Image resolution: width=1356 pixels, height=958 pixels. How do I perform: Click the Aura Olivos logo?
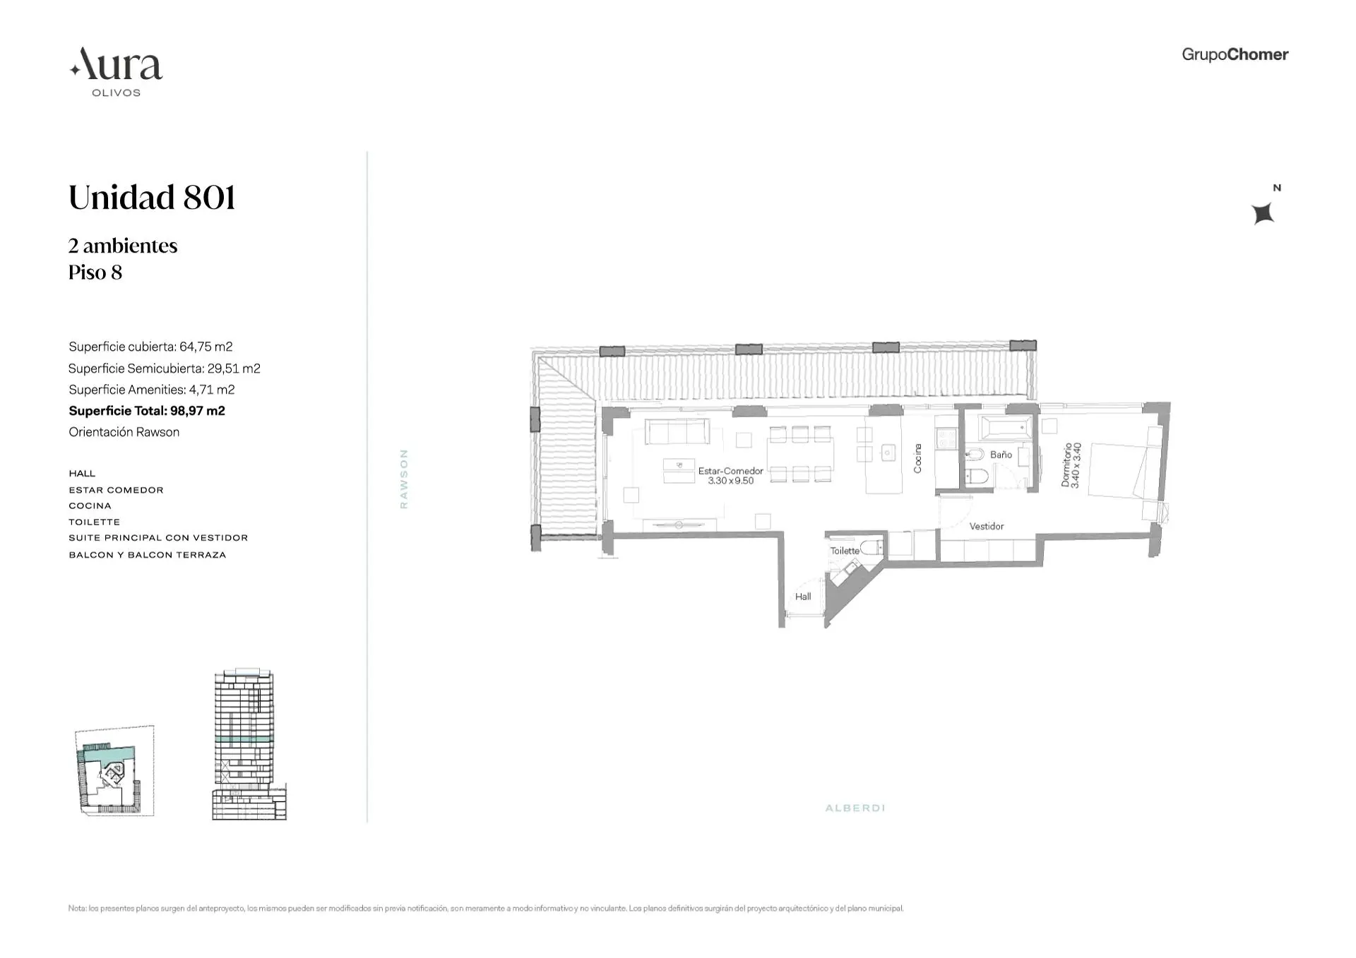[117, 71]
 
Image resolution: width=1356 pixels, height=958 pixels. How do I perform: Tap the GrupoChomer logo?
[1235, 54]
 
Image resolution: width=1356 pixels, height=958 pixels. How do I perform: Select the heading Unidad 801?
[152, 197]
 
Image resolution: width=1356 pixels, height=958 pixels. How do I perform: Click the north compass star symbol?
[1263, 212]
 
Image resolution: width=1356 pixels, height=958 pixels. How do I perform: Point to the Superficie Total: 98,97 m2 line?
[147, 411]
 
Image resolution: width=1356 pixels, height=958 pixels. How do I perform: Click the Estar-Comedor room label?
[730, 475]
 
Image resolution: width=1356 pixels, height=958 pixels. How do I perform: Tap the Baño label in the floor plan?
[1001, 455]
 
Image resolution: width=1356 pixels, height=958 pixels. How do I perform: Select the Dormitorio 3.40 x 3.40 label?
[1071, 465]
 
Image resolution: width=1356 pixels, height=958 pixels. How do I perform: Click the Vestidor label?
[986, 526]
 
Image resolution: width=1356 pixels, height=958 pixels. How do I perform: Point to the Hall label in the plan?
[803, 597]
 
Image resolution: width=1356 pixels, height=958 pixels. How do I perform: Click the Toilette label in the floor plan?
[845, 551]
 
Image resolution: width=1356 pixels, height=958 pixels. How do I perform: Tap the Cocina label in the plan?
[917, 458]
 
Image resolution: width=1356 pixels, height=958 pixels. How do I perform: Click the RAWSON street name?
[404, 479]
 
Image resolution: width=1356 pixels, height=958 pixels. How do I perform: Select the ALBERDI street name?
[855, 808]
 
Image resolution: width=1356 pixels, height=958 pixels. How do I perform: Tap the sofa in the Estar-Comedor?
[677, 431]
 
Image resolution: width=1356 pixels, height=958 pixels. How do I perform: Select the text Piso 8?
[95, 273]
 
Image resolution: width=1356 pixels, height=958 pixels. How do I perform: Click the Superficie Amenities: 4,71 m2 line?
[152, 390]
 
